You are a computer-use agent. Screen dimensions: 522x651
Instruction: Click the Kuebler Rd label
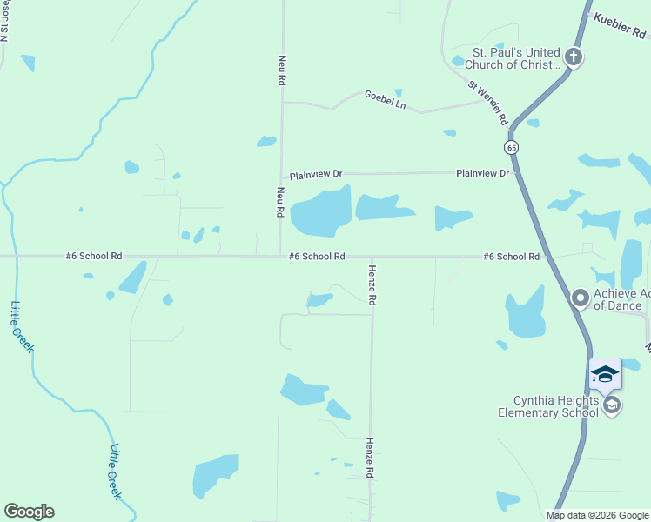621,25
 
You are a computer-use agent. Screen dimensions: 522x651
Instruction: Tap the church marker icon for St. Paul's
573,58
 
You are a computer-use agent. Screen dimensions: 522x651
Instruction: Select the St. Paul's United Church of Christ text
512,58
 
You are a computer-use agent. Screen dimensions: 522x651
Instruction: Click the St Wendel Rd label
487,104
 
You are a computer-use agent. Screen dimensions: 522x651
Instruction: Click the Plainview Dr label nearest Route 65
482,174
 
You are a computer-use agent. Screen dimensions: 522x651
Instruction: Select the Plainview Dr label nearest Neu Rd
316,175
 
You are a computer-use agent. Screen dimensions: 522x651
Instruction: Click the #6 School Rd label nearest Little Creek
93,257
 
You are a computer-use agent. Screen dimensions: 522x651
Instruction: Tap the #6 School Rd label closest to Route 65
512,257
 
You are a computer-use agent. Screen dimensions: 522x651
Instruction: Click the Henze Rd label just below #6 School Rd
372,284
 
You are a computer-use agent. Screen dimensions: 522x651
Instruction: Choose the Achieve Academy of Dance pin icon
581,299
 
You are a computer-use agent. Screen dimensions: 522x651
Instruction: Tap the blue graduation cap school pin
605,374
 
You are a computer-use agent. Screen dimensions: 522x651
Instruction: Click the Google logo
29,512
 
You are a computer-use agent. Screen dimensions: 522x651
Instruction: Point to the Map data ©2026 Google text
596,515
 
